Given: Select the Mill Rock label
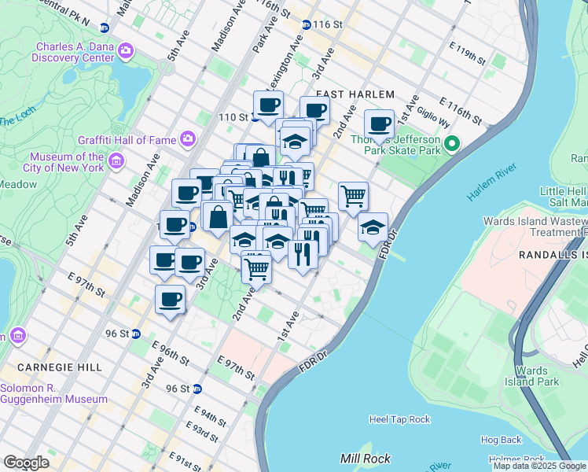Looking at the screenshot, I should coord(361,458).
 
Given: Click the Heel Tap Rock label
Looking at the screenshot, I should coord(399,420).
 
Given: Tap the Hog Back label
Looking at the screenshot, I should coord(501,440).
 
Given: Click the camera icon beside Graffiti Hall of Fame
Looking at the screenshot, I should coord(188,140).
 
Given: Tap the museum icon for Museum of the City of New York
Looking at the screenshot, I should coord(116,162).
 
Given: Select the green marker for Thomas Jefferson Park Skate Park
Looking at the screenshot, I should coord(451,144).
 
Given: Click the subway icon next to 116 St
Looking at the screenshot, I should coord(306,25).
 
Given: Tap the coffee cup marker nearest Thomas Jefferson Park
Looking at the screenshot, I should coord(380,124).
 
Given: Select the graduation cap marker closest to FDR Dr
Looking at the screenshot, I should coord(373,227).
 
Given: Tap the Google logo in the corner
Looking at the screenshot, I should coord(26,463).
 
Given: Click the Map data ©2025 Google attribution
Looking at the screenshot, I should coord(539,466).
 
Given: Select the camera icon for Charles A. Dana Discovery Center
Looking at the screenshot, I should coord(126,51).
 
